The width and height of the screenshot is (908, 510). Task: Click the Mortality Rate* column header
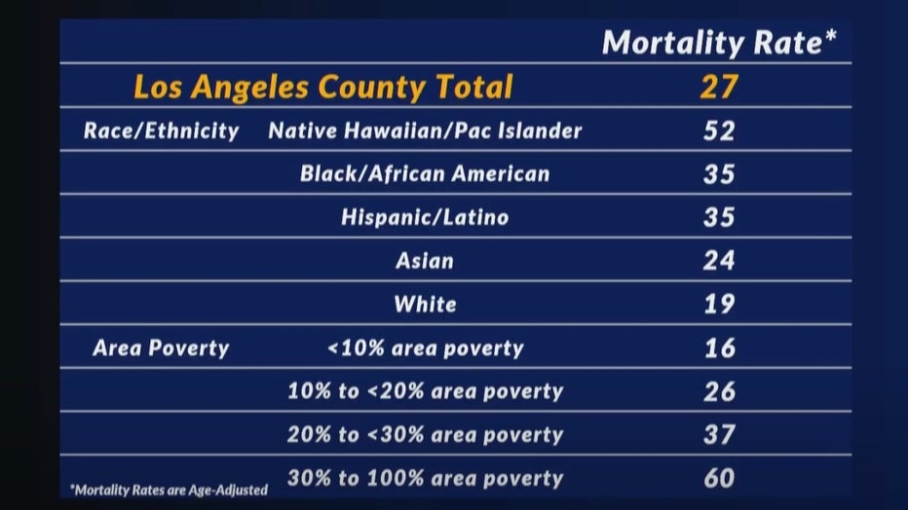point(719,42)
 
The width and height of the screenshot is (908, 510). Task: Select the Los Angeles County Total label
point(323,87)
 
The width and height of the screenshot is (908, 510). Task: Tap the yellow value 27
point(719,87)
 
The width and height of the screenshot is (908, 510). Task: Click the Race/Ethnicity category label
point(161,130)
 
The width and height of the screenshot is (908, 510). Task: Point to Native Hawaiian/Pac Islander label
point(425,130)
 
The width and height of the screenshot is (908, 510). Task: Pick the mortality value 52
point(719,130)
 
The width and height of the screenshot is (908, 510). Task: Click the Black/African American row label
point(425,174)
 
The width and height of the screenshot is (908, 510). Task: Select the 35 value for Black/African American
point(719,174)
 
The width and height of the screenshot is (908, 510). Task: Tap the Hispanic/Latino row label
point(425,217)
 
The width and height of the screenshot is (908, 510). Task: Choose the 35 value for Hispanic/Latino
point(719,217)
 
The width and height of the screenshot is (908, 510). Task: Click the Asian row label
point(425,261)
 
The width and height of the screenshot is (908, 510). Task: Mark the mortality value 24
point(719,261)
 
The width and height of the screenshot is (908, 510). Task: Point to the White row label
point(425,304)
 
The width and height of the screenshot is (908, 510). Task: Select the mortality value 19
point(719,304)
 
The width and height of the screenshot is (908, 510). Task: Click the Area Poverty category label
point(161,348)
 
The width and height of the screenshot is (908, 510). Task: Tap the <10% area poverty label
point(425,348)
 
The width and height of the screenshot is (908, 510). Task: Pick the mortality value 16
point(720,348)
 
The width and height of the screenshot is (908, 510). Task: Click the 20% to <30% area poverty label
point(425,435)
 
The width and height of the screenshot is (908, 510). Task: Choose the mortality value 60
point(719,478)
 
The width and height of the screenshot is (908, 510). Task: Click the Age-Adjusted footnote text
point(169,491)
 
